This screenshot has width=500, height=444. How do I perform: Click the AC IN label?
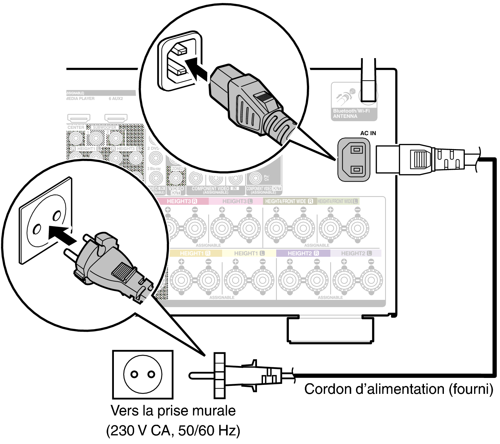(x=368, y=133)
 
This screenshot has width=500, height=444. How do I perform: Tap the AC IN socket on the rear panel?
(x=354, y=160)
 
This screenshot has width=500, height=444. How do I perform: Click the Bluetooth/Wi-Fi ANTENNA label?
(x=351, y=114)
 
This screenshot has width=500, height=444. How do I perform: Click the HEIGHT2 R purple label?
(x=303, y=253)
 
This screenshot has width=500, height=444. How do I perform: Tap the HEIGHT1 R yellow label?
(x=195, y=253)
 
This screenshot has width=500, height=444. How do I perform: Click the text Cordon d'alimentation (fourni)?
(x=398, y=389)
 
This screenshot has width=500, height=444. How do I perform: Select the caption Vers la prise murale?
(x=173, y=411)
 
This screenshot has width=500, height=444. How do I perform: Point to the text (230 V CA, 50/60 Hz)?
(x=173, y=431)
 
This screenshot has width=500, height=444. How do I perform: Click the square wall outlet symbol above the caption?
(x=143, y=374)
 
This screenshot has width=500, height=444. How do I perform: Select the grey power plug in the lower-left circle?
(x=110, y=266)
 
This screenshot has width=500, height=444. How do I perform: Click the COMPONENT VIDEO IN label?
(x=214, y=189)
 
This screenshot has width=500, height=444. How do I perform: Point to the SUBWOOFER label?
(x=105, y=128)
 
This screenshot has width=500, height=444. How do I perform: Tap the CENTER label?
(x=76, y=128)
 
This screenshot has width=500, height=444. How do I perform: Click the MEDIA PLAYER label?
(x=81, y=99)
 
